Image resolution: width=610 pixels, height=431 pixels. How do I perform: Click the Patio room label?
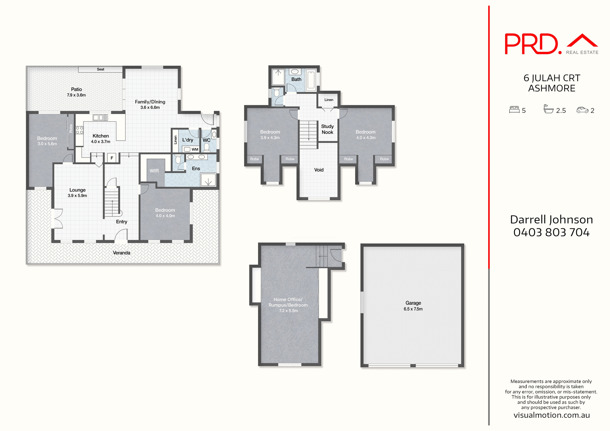[x=76, y=89]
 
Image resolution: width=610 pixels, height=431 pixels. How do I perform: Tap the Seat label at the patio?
[x=100, y=69]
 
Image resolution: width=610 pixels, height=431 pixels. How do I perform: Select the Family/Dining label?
[x=150, y=102]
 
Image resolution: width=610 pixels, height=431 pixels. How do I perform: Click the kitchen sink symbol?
[x=100, y=118]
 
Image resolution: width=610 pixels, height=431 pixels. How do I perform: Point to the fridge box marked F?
[x=112, y=158]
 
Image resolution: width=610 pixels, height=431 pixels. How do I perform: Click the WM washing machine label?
[x=195, y=149]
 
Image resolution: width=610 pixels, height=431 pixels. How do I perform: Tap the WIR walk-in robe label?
[x=154, y=171]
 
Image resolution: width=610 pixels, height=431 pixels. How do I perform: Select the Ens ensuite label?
[x=196, y=168]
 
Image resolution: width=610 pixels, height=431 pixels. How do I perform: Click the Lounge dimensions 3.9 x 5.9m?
[x=77, y=196]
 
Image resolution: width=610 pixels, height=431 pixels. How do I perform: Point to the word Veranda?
[x=122, y=253]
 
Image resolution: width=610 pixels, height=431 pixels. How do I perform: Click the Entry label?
[x=121, y=222]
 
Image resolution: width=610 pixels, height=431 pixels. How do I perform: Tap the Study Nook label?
[x=327, y=129]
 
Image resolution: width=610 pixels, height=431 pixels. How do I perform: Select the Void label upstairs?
[x=319, y=170]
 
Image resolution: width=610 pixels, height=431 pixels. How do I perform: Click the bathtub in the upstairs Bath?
[x=311, y=80]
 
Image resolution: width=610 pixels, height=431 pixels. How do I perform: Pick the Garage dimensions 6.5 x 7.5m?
[x=413, y=309]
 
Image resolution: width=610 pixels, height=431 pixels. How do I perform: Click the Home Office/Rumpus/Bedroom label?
[x=288, y=302]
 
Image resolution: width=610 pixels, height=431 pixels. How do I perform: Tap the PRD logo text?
[x=531, y=44]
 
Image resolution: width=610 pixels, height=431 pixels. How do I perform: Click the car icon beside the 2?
[x=582, y=110]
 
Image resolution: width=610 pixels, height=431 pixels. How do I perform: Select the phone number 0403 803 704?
[x=551, y=232]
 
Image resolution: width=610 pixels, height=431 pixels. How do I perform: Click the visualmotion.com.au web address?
[x=552, y=415]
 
